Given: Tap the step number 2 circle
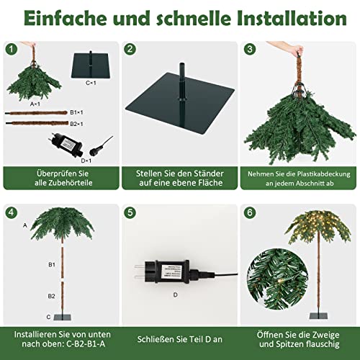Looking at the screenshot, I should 130,50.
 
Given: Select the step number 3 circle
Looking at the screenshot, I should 250,50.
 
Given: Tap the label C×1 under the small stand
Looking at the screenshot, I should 91,83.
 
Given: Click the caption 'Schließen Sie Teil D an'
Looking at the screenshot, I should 179,338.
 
